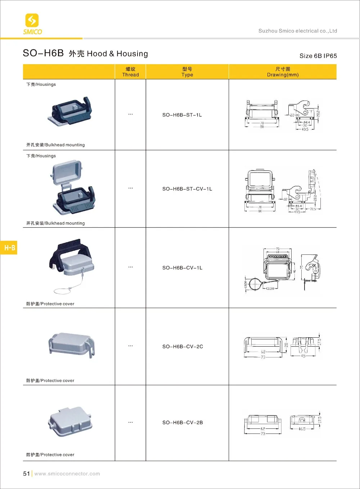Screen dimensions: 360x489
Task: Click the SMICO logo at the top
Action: coord(32,24)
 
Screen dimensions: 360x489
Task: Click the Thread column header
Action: coord(130,72)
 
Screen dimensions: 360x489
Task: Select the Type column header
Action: coord(187,72)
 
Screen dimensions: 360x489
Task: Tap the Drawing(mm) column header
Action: coord(283,72)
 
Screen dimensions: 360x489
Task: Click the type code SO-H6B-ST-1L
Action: coord(182,115)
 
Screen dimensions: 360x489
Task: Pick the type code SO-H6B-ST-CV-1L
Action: coord(187,189)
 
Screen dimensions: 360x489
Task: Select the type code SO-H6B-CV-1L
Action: coord(182,268)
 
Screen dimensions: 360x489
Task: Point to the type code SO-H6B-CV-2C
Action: coord(183,347)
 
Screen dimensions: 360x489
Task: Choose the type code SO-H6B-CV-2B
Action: coord(183,422)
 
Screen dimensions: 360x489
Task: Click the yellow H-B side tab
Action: coord(9,248)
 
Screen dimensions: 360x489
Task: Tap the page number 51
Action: coord(26,474)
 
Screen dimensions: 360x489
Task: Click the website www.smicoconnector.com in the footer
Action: coord(67,474)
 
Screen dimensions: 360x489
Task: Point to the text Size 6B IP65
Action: coord(318,56)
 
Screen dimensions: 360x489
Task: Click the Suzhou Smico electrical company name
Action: coord(297,31)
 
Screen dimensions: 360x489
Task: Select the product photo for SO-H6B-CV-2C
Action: coord(71,344)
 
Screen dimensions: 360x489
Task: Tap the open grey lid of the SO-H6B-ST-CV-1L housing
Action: coord(67,172)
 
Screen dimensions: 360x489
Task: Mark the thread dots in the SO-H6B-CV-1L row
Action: coord(130,267)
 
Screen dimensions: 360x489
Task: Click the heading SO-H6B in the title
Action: coord(43,53)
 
